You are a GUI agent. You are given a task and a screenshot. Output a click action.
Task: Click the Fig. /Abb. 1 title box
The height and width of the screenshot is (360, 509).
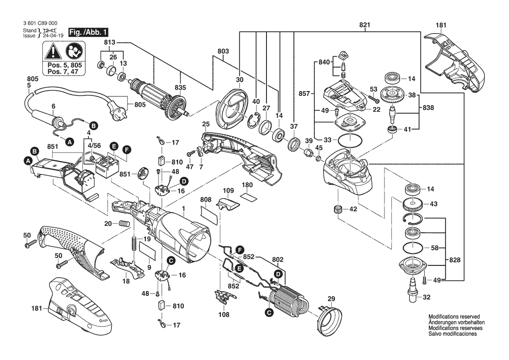(86, 32)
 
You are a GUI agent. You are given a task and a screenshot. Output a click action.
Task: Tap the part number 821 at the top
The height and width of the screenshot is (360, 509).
(364, 25)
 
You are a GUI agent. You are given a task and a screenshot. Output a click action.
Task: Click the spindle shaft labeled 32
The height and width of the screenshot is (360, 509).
(411, 291)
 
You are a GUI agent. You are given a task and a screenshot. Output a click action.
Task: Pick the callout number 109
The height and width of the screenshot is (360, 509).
(229, 190)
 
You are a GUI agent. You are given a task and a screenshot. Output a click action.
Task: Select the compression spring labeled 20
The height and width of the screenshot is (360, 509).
(125, 224)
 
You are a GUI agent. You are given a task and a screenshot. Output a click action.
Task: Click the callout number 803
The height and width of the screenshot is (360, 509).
(222, 51)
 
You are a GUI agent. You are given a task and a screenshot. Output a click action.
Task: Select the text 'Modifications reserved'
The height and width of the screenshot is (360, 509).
(454, 316)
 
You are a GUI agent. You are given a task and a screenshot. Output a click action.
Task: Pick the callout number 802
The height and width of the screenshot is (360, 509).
(277, 259)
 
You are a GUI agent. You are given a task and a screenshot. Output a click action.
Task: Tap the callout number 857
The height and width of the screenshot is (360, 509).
(305, 93)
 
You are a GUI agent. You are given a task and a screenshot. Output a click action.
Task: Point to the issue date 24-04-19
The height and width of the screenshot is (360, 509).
(40, 36)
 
